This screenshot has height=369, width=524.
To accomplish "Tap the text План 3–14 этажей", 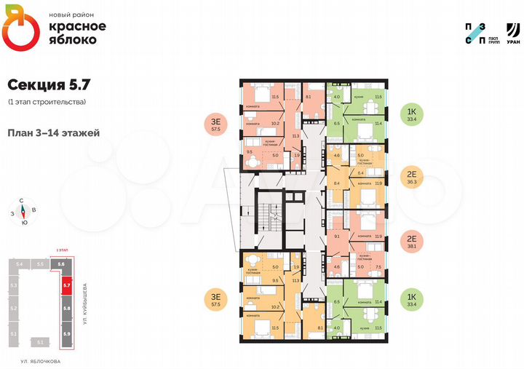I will coord(53,132).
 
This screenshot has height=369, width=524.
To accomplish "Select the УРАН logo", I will coord(512,33).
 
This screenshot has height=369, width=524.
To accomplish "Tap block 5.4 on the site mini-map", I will coord(20,263).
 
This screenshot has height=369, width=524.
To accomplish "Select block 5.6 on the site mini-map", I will coord(62,263).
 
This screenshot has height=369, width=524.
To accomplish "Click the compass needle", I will coord(23,213).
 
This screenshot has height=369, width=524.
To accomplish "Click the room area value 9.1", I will coord(336,236).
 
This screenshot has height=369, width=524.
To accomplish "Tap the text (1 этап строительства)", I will coord(47,101).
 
